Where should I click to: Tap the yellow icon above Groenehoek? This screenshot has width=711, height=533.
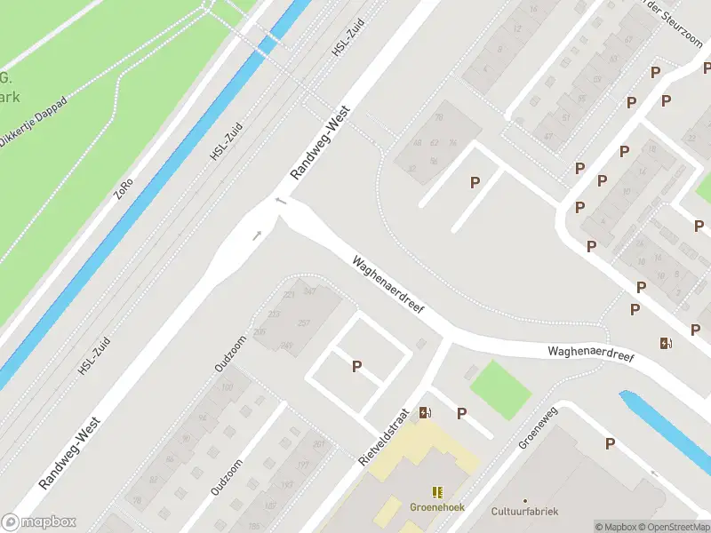[x=437, y=492]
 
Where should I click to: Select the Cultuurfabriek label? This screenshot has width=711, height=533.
[x=525, y=512]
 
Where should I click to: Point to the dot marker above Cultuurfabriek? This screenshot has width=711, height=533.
[x=525, y=500]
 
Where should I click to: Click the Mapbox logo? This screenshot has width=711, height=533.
[x=39, y=522]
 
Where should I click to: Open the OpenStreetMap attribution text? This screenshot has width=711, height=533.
[x=675, y=527]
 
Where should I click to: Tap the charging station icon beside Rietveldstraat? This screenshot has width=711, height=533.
[x=426, y=411]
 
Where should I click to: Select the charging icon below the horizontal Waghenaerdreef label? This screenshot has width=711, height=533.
[x=666, y=343]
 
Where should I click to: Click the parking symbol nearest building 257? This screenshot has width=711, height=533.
[x=357, y=366]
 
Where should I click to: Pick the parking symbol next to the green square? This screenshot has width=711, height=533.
[x=462, y=413]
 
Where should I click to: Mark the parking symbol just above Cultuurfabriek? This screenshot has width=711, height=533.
[x=610, y=443]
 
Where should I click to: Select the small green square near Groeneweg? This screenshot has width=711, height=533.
[x=499, y=389]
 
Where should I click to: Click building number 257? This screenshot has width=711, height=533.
[x=303, y=322]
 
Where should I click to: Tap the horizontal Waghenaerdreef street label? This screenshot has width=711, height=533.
[x=590, y=353]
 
